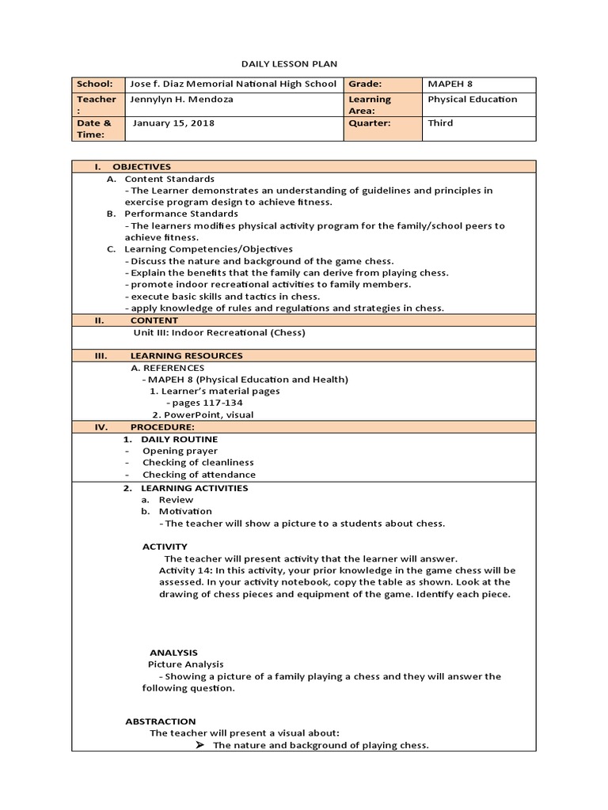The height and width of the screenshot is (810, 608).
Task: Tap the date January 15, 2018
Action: pyautogui.click(x=173, y=123)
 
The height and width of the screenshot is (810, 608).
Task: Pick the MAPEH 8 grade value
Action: pyautogui.click(x=450, y=84)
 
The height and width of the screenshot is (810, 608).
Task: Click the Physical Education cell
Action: pyautogui.click(x=472, y=100)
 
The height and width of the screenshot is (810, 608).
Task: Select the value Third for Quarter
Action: pyautogui.click(x=440, y=123)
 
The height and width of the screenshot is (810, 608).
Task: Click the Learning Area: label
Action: pyautogui.click(x=370, y=105)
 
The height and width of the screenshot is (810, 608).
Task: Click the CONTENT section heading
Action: pyautogui.click(x=154, y=320)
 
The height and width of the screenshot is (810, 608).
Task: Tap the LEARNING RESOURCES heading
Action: pyautogui.click(x=186, y=356)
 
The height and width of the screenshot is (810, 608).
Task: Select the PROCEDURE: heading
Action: pyautogui.click(x=162, y=427)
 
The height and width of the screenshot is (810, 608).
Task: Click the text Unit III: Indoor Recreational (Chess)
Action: pyautogui.click(x=219, y=333)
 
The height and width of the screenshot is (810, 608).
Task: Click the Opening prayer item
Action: pyautogui.click(x=180, y=451)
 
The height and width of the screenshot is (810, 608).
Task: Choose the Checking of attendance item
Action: pyautogui.click(x=199, y=475)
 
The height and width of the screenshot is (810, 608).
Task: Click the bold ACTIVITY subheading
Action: pyautogui.click(x=165, y=547)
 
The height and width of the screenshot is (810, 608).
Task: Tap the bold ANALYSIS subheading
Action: pyautogui.click(x=173, y=653)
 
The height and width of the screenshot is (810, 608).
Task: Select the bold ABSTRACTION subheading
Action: pyautogui.click(x=161, y=721)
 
